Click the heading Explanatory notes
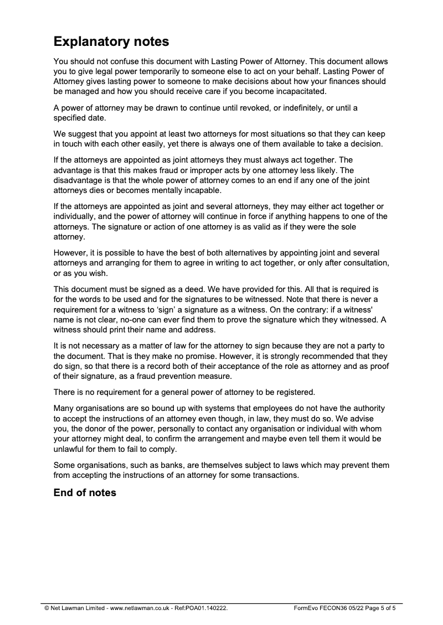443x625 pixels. (111, 41)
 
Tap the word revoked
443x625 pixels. (260, 108)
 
